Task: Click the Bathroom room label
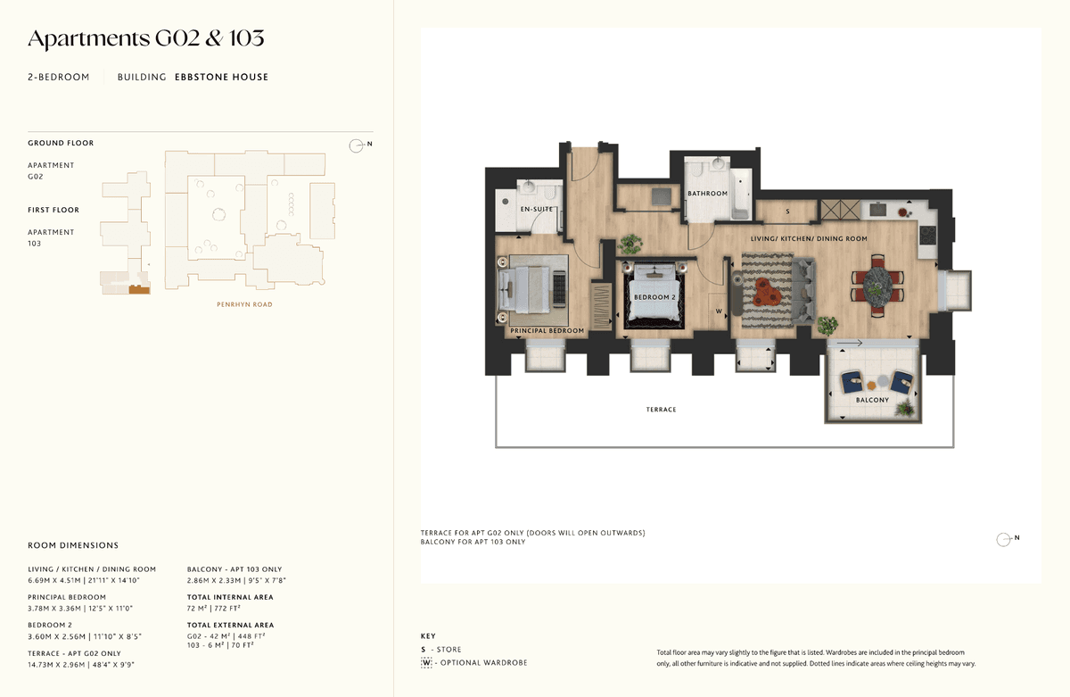click(707, 194)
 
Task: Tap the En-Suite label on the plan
click(537, 209)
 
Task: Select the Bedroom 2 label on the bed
click(654, 297)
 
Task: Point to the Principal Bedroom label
click(547, 330)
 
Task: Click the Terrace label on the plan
click(661, 410)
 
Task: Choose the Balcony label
click(872, 400)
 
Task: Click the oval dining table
click(877, 286)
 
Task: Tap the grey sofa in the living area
click(803, 290)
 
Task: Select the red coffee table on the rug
click(767, 292)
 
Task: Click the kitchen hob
click(927, 236)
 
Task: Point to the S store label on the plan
click(787, 212)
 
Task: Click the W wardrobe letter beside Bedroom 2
click(719, 311)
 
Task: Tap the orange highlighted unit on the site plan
click(139, 289)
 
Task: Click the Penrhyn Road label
click(244, 304)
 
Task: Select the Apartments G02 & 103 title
click(146, 38)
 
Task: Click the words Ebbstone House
click(222, 77)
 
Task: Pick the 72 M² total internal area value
click(198, 609)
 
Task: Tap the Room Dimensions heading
click(73, 545)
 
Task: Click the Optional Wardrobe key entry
click(474, 662)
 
